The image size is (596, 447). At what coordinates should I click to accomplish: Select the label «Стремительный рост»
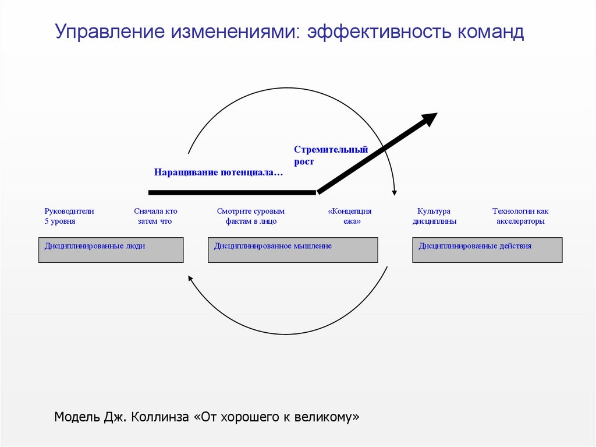pyautogui.click(x=331, y=156)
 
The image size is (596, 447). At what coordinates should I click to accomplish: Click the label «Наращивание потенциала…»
pyautogui.click(x=219, y=172)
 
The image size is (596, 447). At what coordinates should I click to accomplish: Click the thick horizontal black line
pyautogui.click(x=233, y=192)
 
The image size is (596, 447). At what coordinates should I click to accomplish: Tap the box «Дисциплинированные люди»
pyautogui.click(x=111, y=250)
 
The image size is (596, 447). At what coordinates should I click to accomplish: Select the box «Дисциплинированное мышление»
pyautogui.click(x=293, y=250)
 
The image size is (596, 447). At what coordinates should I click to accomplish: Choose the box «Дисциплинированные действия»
pyautogui.click(x=487, y=250)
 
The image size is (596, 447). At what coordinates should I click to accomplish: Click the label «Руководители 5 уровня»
pyautogui.click(x=69, y=216)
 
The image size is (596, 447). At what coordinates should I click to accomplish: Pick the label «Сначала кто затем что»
pyautogui.click(x=155, y=216)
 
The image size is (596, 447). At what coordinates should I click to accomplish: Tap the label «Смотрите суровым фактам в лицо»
pyautogui.click(x=251, y=216)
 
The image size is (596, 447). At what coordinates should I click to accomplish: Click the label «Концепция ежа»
pyautogui.click(x=349, y=216)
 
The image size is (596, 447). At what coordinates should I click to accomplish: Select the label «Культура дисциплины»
pyautogui.click(x=434, y=216)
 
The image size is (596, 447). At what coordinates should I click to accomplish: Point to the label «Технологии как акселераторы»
pyautogui.click(x=520, y=216)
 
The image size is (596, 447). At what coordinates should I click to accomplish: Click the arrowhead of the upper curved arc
pyautogui.click(x=395, y=192)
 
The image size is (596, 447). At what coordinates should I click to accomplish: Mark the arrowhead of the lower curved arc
pyautogui.click(x=189, y=279)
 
